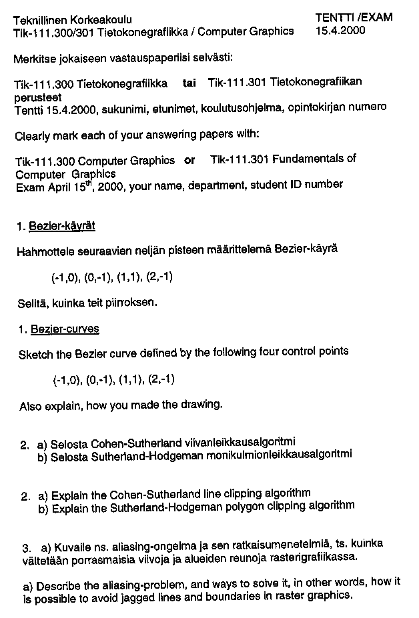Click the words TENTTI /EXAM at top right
point(353,17)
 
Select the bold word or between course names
point(189,160)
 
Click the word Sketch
point(35,353)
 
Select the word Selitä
point(31,303)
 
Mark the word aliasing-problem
point(119,585)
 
